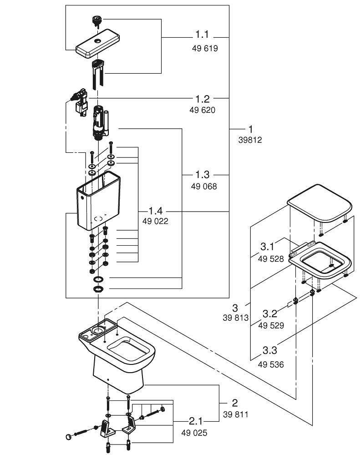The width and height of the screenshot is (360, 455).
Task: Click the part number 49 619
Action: point(204,48)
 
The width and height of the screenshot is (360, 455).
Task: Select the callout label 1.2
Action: point(203,99)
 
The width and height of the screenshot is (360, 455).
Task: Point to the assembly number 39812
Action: point(250,141)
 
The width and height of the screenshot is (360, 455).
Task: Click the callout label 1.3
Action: point(203,175)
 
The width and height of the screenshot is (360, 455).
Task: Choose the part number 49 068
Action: point(203,187)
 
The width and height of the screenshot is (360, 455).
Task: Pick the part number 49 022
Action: point(154,222)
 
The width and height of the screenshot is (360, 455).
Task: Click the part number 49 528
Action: point(271,259)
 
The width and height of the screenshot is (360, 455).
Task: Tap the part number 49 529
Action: point(271,325)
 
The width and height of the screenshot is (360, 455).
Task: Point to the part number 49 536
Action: point(271,364)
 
